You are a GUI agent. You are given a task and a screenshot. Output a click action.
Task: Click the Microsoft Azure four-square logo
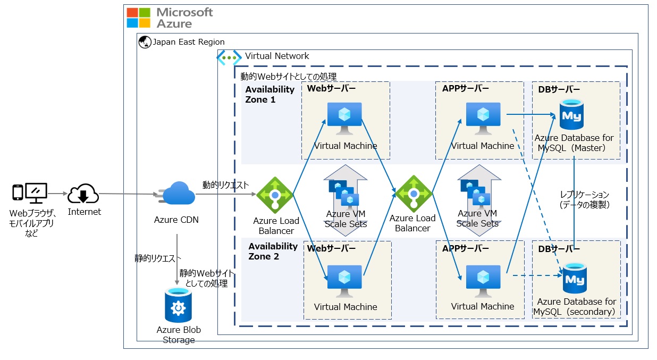(x=139, y=17)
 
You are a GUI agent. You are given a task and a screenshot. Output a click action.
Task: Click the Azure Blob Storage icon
(x=178, y=305)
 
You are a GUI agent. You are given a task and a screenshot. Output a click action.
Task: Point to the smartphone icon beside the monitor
(x=18, y=192)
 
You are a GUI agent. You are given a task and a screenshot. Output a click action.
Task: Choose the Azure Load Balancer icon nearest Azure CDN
(x=275, y=195)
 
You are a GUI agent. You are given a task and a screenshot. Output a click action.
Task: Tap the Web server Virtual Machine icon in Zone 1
(x=344, y=118)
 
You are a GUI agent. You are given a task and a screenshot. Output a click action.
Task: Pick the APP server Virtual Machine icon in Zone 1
(x=483, y=118)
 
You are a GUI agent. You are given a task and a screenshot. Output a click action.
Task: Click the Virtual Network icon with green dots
(x=229, y=57)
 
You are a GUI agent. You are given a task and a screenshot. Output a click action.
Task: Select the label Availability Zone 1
(x=269, y=94)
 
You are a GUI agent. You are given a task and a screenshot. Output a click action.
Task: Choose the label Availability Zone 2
(x=273, y=251)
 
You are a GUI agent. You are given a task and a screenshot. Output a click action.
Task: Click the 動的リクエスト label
(x=225, y=185)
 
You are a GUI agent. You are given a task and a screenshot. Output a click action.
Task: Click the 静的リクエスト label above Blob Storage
(x=158, y=258)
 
